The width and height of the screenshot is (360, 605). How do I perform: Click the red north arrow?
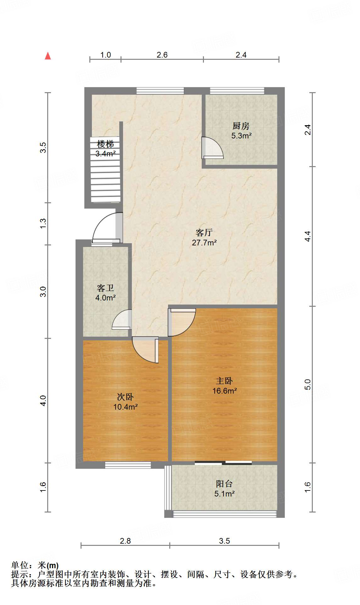tap(48, 56)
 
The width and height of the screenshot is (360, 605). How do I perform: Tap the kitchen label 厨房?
tap(241, 126)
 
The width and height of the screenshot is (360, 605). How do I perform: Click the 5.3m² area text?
tap(241, 136)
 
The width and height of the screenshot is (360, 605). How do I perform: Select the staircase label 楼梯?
tap(105, 144)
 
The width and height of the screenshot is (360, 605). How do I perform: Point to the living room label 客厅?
tap(204, 233)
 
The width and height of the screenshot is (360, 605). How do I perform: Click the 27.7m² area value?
tap(204, 243)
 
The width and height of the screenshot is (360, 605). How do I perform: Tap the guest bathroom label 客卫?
tap(105, 288)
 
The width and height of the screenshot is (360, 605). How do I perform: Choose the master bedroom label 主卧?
tap(224, 381)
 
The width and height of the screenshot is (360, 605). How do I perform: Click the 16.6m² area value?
tap(224, 391)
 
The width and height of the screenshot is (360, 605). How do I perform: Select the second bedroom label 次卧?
tap(125, 397)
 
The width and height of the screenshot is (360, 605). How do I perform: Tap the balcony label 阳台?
tap(224, 484)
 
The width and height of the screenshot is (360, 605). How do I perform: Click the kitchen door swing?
tap(212, 148)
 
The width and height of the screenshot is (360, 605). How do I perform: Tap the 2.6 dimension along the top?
tap(162, 55)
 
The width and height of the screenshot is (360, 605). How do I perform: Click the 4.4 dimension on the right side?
tap(308, 236)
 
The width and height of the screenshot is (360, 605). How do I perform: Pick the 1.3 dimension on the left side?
tap(43, 223)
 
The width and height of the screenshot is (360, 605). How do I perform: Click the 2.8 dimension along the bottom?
tap(125, 541)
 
